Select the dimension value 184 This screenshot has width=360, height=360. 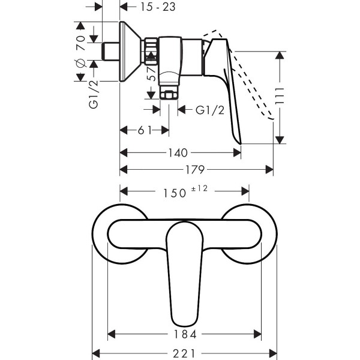click(x=184, y=334)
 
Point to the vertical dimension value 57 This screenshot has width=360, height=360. click(x=152, y=74)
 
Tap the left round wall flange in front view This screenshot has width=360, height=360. click(x=118, y=234)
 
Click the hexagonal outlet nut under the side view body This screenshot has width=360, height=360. click(x=169, y=95)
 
